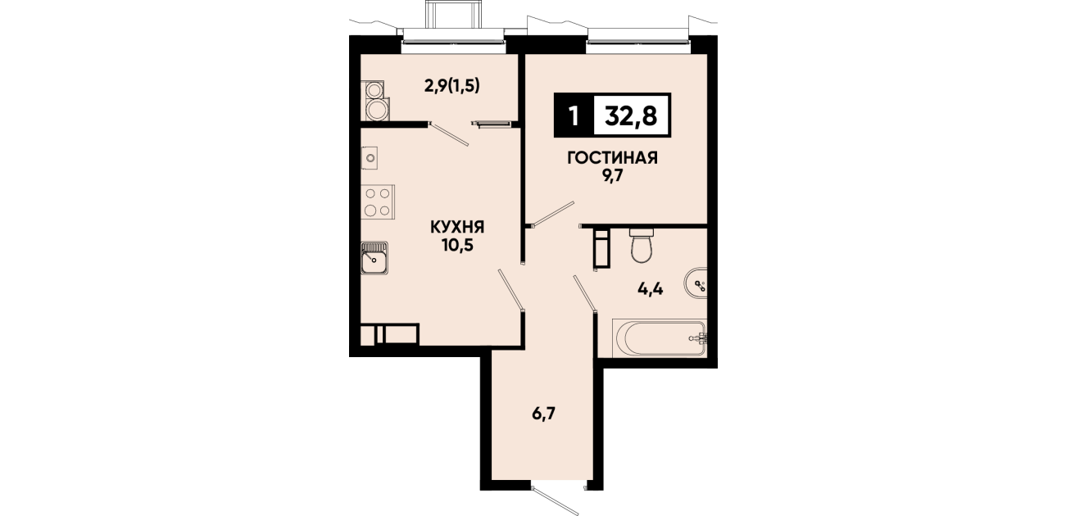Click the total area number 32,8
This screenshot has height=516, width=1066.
pos(631,115)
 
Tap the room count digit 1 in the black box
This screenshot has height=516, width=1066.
pos(574,115)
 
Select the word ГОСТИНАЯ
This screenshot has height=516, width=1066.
pos(612,157)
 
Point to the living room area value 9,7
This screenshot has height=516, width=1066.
pos(612,175)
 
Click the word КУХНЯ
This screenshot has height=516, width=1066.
pos(457,227)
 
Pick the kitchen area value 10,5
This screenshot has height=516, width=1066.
pos(457,246)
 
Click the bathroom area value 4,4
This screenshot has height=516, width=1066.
pos(651,288)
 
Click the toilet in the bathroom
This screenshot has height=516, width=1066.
pos(642,245)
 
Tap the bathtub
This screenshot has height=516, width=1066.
pos(661,337)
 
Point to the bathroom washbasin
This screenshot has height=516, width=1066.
pos(696,285)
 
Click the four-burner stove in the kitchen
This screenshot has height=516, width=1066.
pos(378,201)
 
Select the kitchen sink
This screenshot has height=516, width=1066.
pos(374,258)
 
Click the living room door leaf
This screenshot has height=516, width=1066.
pos(553,214)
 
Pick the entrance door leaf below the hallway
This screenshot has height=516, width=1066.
pos(556,501)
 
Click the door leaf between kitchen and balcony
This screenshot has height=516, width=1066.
pos(449,134)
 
